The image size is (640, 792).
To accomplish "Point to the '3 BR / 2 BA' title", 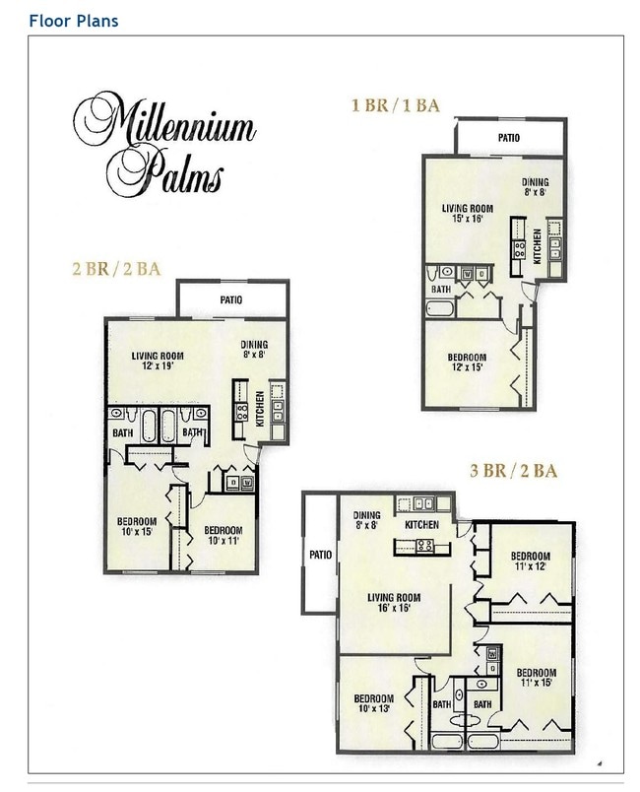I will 514,471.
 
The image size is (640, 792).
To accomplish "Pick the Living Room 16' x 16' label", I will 394,603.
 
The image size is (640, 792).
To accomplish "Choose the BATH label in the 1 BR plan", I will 443,289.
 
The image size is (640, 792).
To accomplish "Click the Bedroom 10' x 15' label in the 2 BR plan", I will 138,527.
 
